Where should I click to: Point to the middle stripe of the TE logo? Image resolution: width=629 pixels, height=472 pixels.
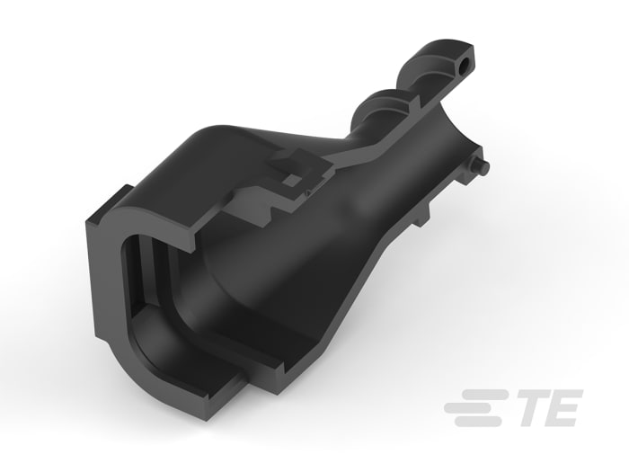point(474,407)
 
